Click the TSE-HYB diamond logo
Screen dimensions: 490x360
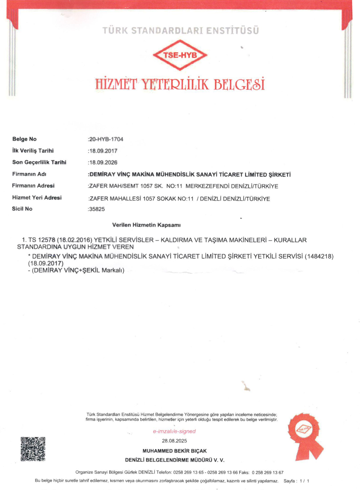[180, 55]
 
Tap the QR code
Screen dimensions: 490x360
[33, 449]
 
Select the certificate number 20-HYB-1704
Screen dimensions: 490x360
[106, 139]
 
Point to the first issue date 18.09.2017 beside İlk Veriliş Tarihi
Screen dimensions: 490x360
[103, 151]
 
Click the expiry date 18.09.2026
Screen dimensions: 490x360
[103, 163]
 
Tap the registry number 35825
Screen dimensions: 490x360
[97, 209]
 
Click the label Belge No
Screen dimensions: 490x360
[24, 139]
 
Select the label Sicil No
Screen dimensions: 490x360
[22, 209]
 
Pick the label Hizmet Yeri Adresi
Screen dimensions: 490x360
[37, 197]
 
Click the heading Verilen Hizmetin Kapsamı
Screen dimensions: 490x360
[146, 225]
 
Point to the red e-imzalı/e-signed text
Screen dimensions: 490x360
[174, 431]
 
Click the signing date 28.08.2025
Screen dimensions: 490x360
[174, 441]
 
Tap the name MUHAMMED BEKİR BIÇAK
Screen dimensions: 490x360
[175, 451]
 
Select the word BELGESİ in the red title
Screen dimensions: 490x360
[239, 84]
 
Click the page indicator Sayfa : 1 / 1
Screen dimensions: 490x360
[296, 481]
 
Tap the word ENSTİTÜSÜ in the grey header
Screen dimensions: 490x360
[232, 31]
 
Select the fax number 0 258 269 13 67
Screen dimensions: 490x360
[268, 473]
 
